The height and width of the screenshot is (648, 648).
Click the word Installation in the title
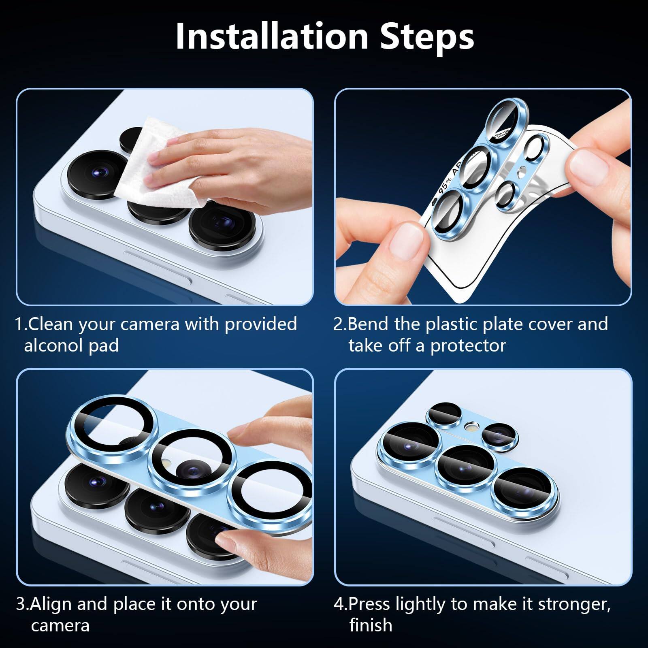click(x=271, y=36)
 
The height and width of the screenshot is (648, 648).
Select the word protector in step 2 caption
click(x=468, y=346)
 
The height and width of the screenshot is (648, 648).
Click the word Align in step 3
click(x=51, y=604)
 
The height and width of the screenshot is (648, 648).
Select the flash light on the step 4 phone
click(x=471, y=426)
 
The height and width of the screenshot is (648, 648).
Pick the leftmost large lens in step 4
click(x=409, y=443)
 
